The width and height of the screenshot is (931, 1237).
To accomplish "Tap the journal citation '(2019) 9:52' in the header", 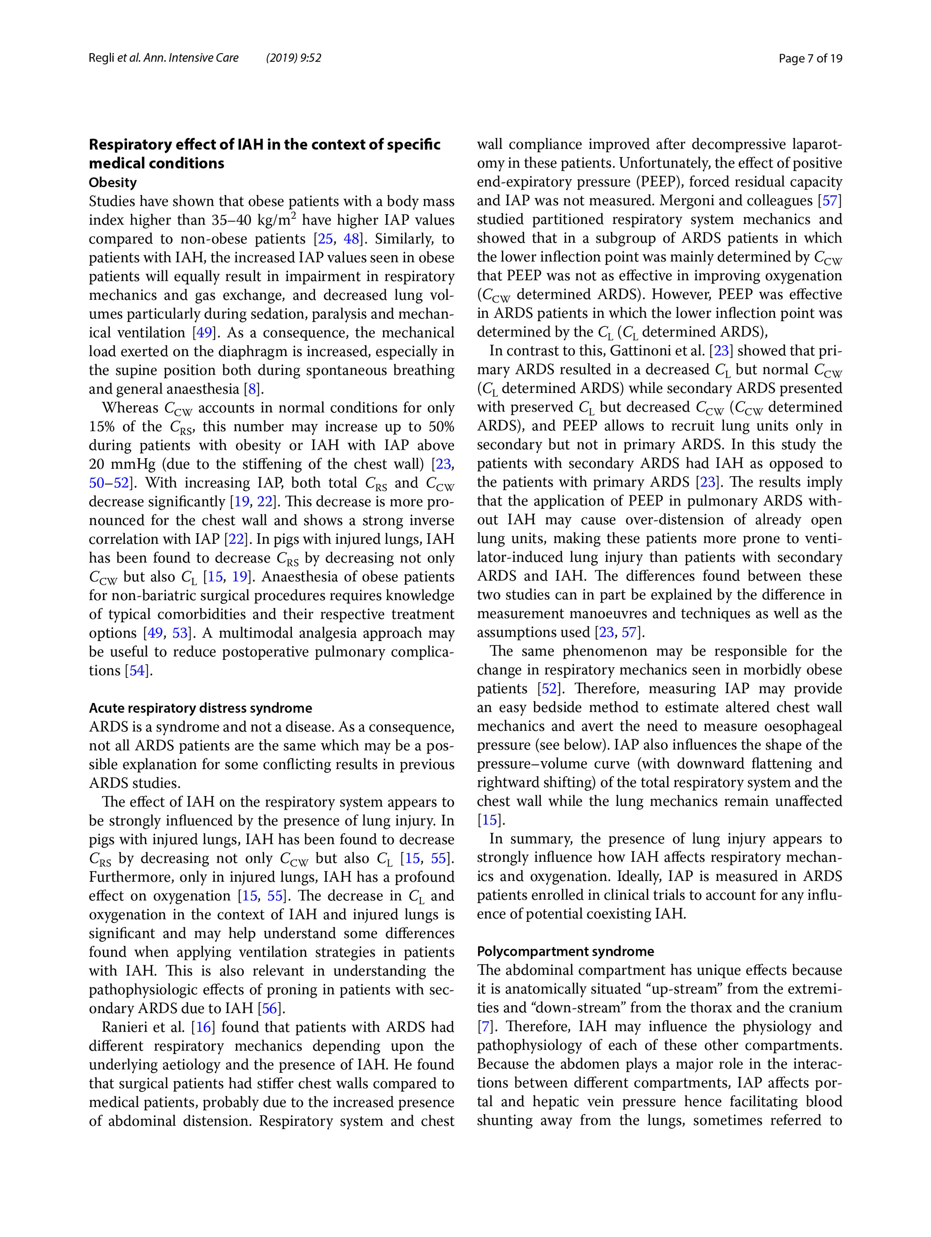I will click(294, 58).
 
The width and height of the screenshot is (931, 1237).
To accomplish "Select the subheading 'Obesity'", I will click(112, 183).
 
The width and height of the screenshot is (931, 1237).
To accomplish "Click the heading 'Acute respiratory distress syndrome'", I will click(200, 708).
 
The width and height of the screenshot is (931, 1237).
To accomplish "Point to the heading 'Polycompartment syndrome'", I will click(565, 951).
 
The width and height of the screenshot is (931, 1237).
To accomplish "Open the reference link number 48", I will click(351, 239).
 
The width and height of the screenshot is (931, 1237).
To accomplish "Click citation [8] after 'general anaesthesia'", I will click(253, 389).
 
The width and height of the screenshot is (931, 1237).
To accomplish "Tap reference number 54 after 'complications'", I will click(137, 670).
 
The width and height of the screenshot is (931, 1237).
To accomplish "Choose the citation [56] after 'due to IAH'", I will click(270, 1008).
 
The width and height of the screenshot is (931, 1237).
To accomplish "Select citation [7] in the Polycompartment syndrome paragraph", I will click(485, 1026).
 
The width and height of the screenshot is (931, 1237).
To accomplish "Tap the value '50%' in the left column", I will click(441, 426).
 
